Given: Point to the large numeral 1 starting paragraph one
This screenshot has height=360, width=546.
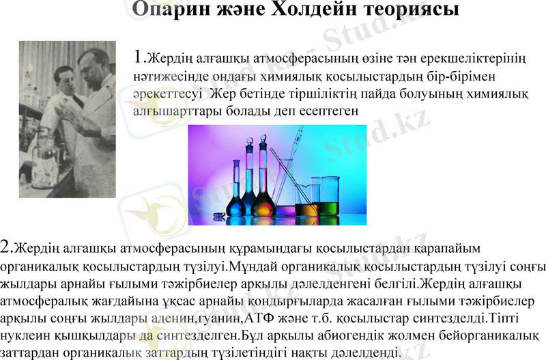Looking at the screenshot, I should pyautogui.click(x=141, y=55).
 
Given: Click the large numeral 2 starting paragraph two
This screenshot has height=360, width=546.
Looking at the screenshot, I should pyautogui.click(x=7, y=246).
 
